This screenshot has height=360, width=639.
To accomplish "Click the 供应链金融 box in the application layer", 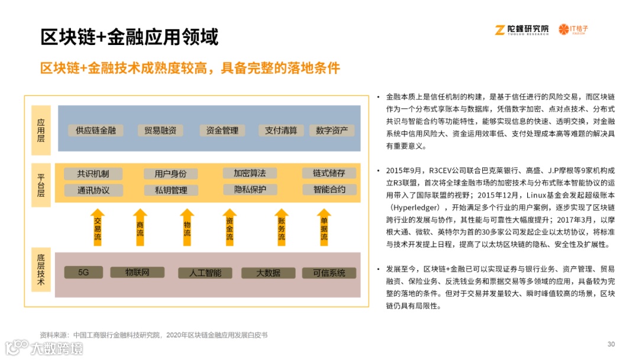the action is click(x=95, y=130).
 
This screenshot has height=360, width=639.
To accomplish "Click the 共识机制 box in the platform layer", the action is click(x=93, y=173).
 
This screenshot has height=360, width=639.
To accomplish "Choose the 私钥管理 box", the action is click(x=170, y=190).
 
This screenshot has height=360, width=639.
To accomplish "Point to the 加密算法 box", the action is click(x=249, y=173).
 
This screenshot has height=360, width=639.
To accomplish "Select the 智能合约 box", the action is click(x=329, y=189).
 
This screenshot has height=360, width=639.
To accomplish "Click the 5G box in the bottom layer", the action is click(x=83, y=272).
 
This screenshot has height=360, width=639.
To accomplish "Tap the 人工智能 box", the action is click(x=205, y=273).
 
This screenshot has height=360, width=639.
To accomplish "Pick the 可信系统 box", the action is click(x=328, y=273).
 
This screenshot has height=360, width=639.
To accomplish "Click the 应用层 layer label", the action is click(x=41, y=130).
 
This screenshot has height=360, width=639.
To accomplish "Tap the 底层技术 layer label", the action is click(x=41, y=270).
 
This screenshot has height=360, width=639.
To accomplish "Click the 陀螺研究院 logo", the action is click(x=522, y=29).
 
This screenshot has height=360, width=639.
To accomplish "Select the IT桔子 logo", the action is click(x=574, y=29).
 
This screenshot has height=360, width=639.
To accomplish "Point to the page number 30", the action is click(x=611, y=345).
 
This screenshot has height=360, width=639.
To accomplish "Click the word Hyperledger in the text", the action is click(x=419, y=207).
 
